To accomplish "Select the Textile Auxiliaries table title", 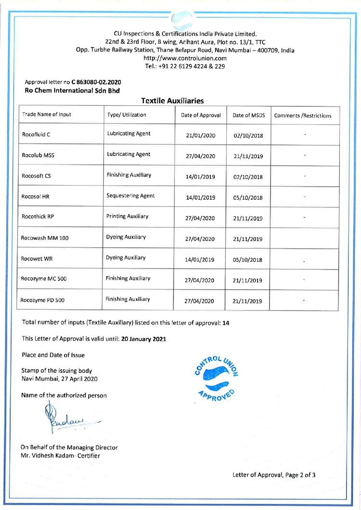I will point(173,101).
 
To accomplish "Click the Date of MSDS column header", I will point(248,115).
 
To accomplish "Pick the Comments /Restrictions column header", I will point(302,115).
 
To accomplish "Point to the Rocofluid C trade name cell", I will point(36,135).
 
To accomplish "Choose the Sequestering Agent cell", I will point(130,196).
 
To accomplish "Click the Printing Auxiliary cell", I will point(128,217).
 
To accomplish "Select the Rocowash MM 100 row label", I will point(45,238).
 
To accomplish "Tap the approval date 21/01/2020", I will point(200,136).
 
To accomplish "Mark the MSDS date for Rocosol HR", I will point(247,197).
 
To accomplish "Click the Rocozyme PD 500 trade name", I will point(43,301).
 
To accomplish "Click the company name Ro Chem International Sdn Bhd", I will point(72,90).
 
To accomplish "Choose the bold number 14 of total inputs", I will point(226,323).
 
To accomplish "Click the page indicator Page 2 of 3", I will point(294,475).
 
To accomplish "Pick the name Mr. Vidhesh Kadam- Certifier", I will point(60,455).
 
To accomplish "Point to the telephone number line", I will point(185,66).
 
